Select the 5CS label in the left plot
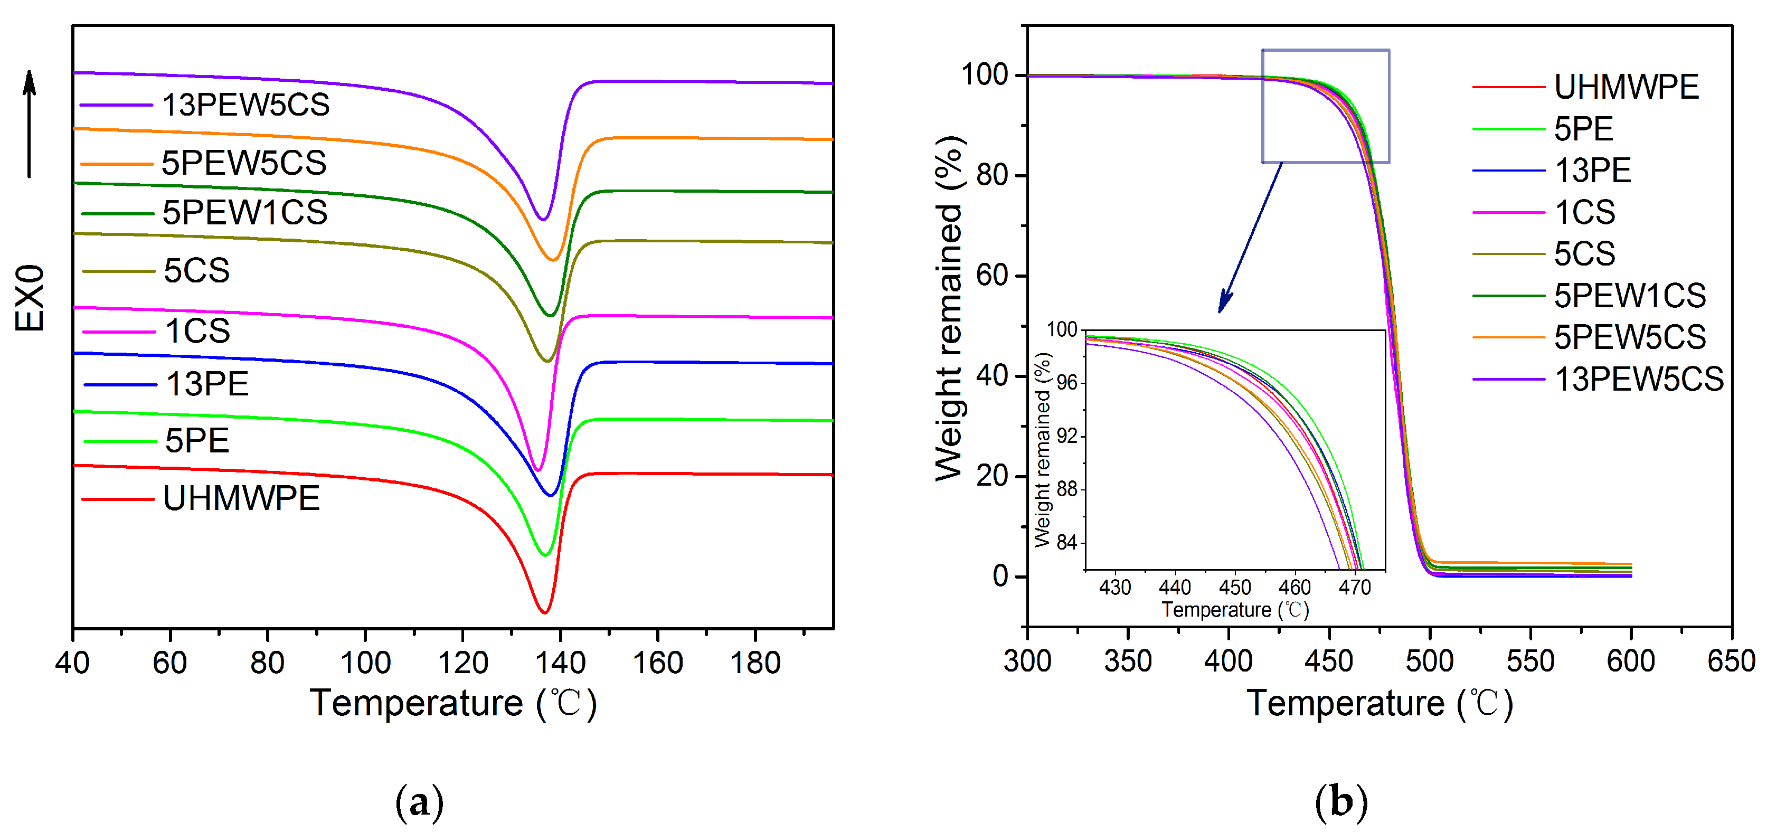pos(196,271)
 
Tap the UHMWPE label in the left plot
pos(241,498)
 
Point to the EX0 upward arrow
pos(29,124)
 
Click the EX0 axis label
pos(30,298)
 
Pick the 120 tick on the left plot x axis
pos(462,663)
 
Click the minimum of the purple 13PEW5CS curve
pos(543,220)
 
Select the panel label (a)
pos(419,801)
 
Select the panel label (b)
pos(1341,801)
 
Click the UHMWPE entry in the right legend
pos(1626,87)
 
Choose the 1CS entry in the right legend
pos(1584,212)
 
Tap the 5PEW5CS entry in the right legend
pos(1629,337)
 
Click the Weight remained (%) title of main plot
pos(951,309)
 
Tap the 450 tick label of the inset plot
pos(1235,587)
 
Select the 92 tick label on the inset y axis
pos(1066,436)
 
